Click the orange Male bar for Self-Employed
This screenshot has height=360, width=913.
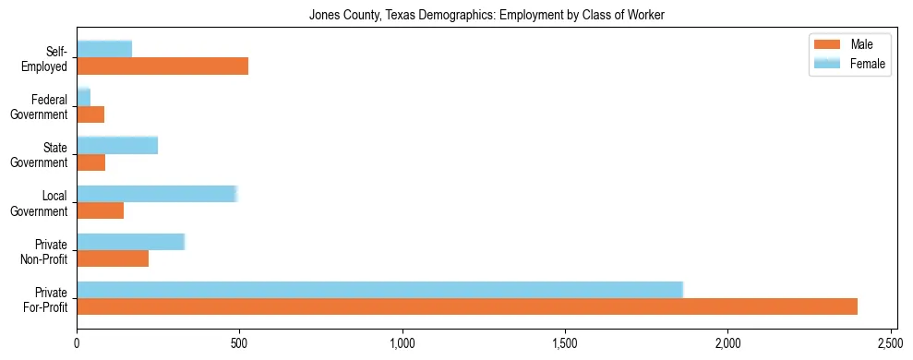click(x=162, y=66)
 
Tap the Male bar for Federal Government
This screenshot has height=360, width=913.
click(x=90, y=114)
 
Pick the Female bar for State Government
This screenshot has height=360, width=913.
click(x=117, y=145)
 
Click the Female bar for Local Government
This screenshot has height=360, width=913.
click(x=157, y=193)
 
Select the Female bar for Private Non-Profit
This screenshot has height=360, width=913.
click(x=130, y=242)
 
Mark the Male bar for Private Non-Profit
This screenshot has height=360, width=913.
click(x=113, y=258)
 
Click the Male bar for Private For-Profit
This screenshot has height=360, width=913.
click(x=467, y=306)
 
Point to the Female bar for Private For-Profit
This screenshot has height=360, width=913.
click(x=379, y=290)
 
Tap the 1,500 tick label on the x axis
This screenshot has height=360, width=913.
click(x=565, y=343)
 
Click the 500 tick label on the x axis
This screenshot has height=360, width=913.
click(x=239, y=343)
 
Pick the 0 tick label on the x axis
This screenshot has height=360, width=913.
click(x=77, y=343)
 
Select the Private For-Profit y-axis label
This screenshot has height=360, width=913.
click(x=47, y=299)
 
